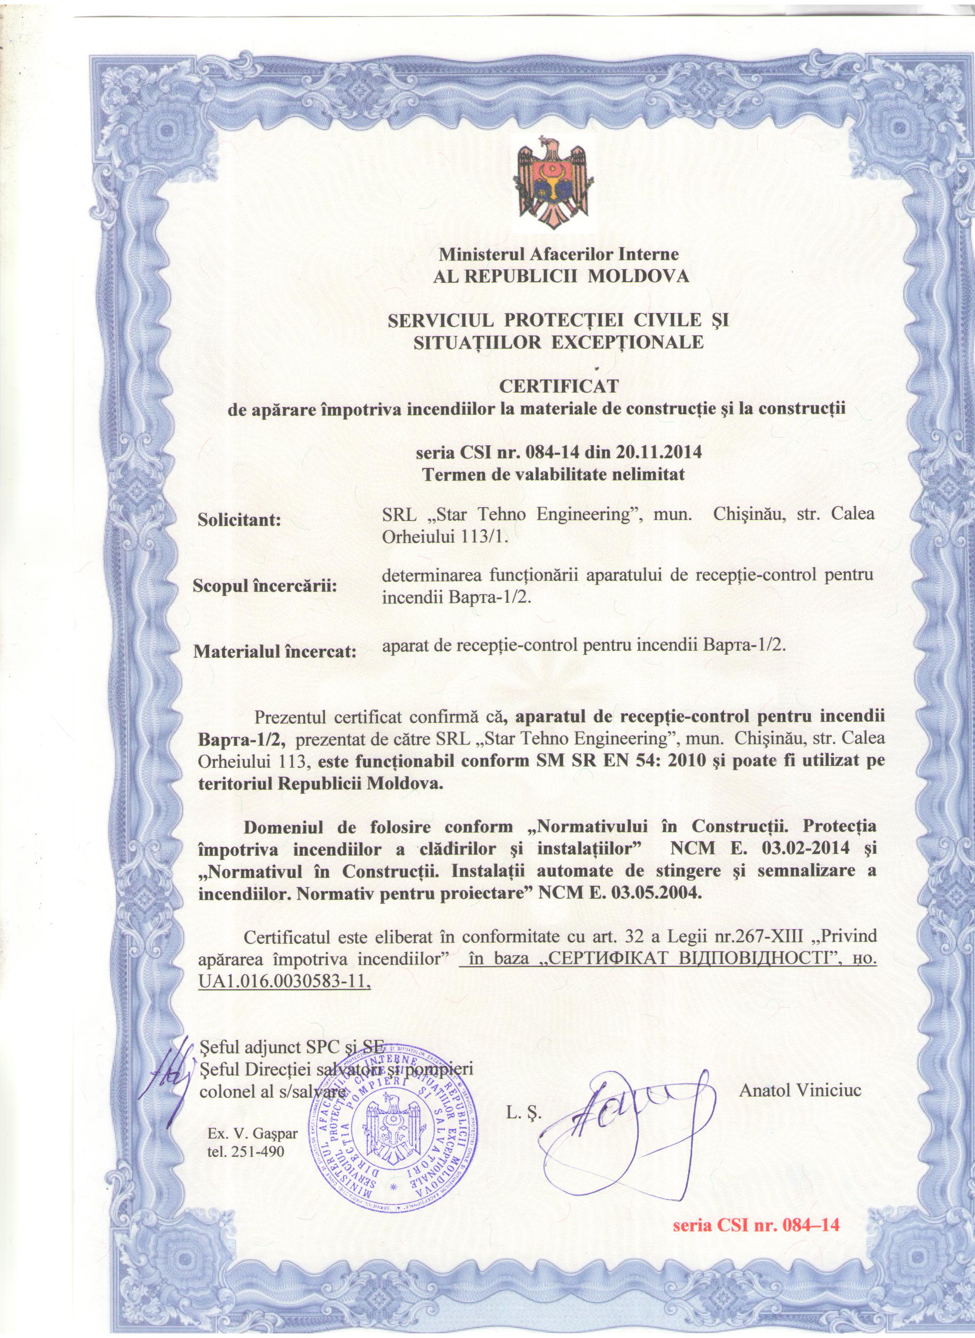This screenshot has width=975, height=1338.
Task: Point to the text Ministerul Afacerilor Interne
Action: pyautogui.click(x=558, y=255)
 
